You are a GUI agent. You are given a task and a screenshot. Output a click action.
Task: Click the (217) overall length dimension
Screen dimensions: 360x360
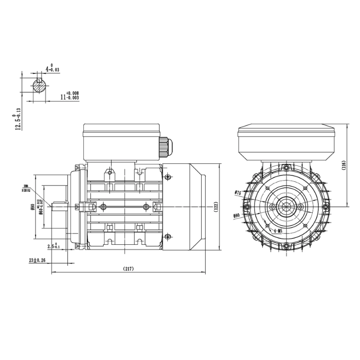[x=129, y=269]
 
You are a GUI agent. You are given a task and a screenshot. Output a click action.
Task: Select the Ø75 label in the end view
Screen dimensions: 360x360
[x=238, y=193]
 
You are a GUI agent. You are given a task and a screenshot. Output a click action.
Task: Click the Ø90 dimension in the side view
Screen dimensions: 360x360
[x=32, y=207]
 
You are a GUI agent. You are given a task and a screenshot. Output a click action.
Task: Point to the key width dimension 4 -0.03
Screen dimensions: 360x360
[x=52, y=69]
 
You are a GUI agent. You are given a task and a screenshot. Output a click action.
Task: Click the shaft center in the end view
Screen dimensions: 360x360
[x=287, y=207]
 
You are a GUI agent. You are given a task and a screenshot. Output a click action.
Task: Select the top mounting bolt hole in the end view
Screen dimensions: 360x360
[x=287, y=168]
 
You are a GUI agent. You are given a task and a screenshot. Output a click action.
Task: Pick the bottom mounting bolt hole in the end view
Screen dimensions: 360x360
[x=287, y=245]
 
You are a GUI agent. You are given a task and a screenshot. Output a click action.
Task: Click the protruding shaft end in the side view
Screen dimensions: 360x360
[x=60, y=207]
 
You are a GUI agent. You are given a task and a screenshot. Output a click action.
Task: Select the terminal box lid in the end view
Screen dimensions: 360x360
[x=287, y=129]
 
